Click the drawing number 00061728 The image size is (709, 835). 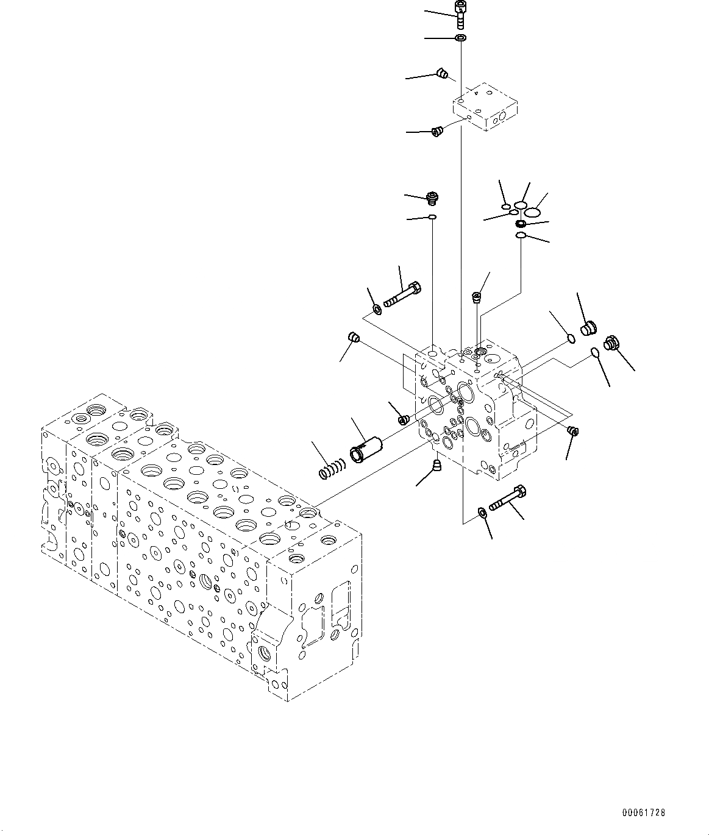pos(644,812)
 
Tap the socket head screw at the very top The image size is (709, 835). pos(460,13)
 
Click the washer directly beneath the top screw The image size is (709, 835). pos(461,38)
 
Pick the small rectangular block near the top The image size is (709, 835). pos(484,110)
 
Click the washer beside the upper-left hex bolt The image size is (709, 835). pos(377,311)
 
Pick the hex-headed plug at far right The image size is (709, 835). pos(611,343)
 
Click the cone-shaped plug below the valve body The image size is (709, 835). pos(436,467)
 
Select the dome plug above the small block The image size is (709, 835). pos(444,74)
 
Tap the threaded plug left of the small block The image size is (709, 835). pos(436,131)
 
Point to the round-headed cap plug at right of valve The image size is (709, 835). pos(588,329)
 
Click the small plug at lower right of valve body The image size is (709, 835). pos(572,432)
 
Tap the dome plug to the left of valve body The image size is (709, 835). pos(352,336)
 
